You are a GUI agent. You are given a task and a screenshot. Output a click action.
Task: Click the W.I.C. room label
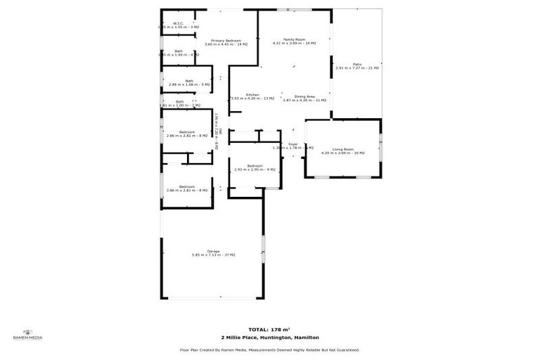pos(178,23)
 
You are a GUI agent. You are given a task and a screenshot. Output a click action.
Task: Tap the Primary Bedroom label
pos(226,41)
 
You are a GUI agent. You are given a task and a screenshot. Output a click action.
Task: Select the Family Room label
pos(294,39)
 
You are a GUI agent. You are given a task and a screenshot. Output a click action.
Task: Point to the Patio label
pos(357,64)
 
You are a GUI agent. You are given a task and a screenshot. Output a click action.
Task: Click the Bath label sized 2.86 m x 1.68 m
pos(189,81)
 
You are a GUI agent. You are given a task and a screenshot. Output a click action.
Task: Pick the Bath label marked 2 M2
pos(179,101)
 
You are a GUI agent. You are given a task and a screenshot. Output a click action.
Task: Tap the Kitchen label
pos(252,95)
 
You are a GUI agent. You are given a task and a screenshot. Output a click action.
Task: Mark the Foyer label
pos(292,144)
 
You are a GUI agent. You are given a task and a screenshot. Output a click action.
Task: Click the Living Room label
pos(343,149)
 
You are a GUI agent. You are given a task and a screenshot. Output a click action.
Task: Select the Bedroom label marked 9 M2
pos(255,165)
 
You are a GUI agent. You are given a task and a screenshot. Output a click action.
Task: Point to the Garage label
pos(213,251)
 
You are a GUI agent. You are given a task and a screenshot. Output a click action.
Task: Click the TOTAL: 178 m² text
pos(269,329)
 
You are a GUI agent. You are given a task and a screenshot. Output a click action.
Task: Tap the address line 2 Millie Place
pos(269,337)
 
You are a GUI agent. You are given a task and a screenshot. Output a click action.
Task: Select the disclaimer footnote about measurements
pos(269,349)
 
